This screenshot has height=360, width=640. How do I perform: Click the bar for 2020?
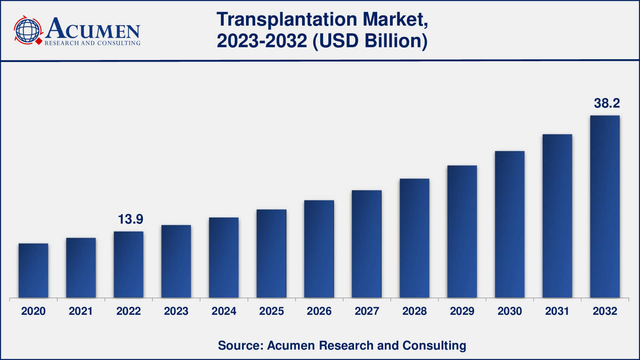(33, 270)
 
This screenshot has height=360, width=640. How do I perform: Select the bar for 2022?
(128, 264)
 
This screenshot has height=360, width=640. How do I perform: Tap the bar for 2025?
(271, 254)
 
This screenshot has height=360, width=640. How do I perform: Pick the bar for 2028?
(414, 238)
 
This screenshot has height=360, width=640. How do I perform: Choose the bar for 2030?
(510, 224)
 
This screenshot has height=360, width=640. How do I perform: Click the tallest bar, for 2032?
(605, 206)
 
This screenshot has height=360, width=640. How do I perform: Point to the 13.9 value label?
(130, 219)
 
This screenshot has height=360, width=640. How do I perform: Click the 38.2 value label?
(607, 103)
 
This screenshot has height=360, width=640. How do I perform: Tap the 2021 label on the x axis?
(80, 311)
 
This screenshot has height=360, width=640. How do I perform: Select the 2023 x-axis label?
(176, 311)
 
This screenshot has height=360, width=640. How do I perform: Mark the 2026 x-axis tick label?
(319, 311)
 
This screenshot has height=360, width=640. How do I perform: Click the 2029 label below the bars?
(462, 311)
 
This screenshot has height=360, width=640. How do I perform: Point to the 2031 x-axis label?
(557, 311)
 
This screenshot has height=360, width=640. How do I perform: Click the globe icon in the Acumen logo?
(28, 30)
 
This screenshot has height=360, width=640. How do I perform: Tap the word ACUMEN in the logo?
(93, 29)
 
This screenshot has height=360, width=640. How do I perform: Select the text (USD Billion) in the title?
(370, 41)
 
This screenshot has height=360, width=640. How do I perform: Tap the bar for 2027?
(366, 244)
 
